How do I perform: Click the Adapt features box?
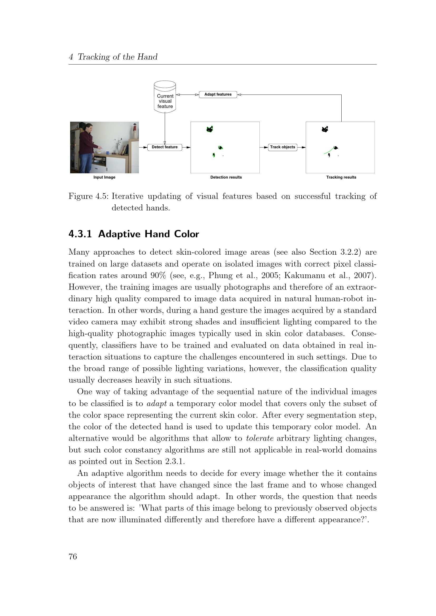click(218, 95)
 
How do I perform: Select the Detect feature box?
click(164, 147)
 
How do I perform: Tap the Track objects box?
click(282, 147)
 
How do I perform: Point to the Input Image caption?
click(104, 177)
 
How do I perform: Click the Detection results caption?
click(226, 177)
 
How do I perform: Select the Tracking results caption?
click(341, 177)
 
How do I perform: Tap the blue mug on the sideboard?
click(107, 153)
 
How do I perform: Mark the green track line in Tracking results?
click(329, 151)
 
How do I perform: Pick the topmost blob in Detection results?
click(210, 129)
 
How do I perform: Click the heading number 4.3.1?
click(80, 234)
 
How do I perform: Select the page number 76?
click(73, 557)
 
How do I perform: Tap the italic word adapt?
click(157, 403)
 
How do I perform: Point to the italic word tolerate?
click(260, 438)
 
